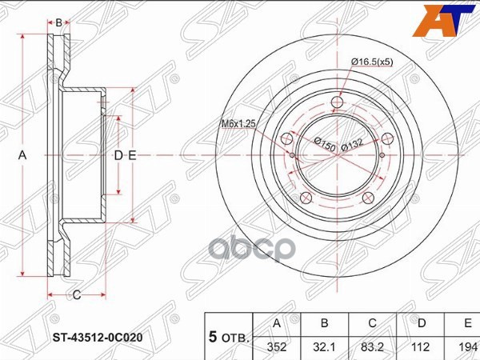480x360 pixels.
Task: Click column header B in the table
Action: tap(325, 324)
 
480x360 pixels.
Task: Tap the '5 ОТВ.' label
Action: tap(229, 337)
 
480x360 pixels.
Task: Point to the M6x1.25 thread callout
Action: tap(238, 124)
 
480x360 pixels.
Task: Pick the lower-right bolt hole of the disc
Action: tap(367, 198)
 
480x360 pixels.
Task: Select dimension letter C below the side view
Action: tap(77, 296)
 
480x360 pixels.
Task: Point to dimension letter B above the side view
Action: tap(58, 22)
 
